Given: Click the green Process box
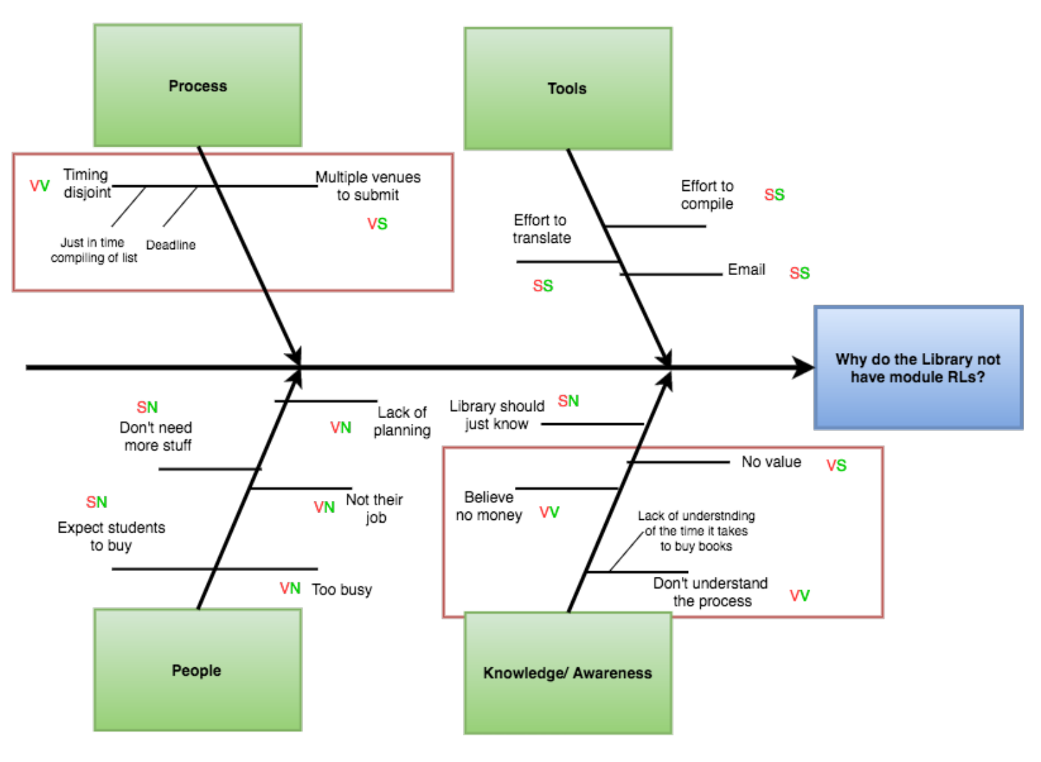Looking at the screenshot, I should point(198,86).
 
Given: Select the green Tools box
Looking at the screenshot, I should point(567,88).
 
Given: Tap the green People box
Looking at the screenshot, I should point(197,670).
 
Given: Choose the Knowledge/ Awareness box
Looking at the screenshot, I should point(567,673).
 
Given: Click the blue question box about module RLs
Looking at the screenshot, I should point(918,368).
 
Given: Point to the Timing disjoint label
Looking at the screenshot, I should point(86,183).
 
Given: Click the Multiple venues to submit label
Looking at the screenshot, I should point(368,186).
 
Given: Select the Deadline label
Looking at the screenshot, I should point(170,245).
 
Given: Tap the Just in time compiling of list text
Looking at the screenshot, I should point(94,250).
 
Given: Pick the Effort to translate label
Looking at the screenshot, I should point(541,229).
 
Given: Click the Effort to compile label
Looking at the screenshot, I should point(707,194).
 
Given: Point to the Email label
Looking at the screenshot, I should point(746,269).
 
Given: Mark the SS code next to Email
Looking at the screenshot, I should point(800,273).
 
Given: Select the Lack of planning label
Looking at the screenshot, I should point(402,421).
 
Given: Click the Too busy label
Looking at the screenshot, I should point(342,589).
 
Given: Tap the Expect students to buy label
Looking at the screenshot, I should point(112,536).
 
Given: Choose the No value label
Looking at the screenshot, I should point(771,462).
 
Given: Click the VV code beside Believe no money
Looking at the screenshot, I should point(549,512).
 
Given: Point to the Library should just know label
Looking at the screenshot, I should point(497,415).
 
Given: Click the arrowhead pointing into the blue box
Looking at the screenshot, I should point(804,367).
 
